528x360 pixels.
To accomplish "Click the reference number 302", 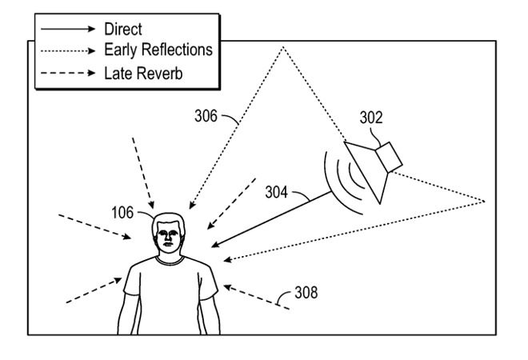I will click(x=370, y=118).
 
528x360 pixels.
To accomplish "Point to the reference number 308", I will click(x=305, y=293).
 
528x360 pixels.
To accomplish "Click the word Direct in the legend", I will click(x=123, y=30).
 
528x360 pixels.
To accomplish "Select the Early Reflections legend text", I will click(x=158, y=50).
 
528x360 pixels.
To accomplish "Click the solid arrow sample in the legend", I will click(x=68, y=30).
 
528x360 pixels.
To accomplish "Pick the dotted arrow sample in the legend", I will click(x=68, y=50).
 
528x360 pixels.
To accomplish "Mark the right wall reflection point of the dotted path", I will click(x=485, y=198).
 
